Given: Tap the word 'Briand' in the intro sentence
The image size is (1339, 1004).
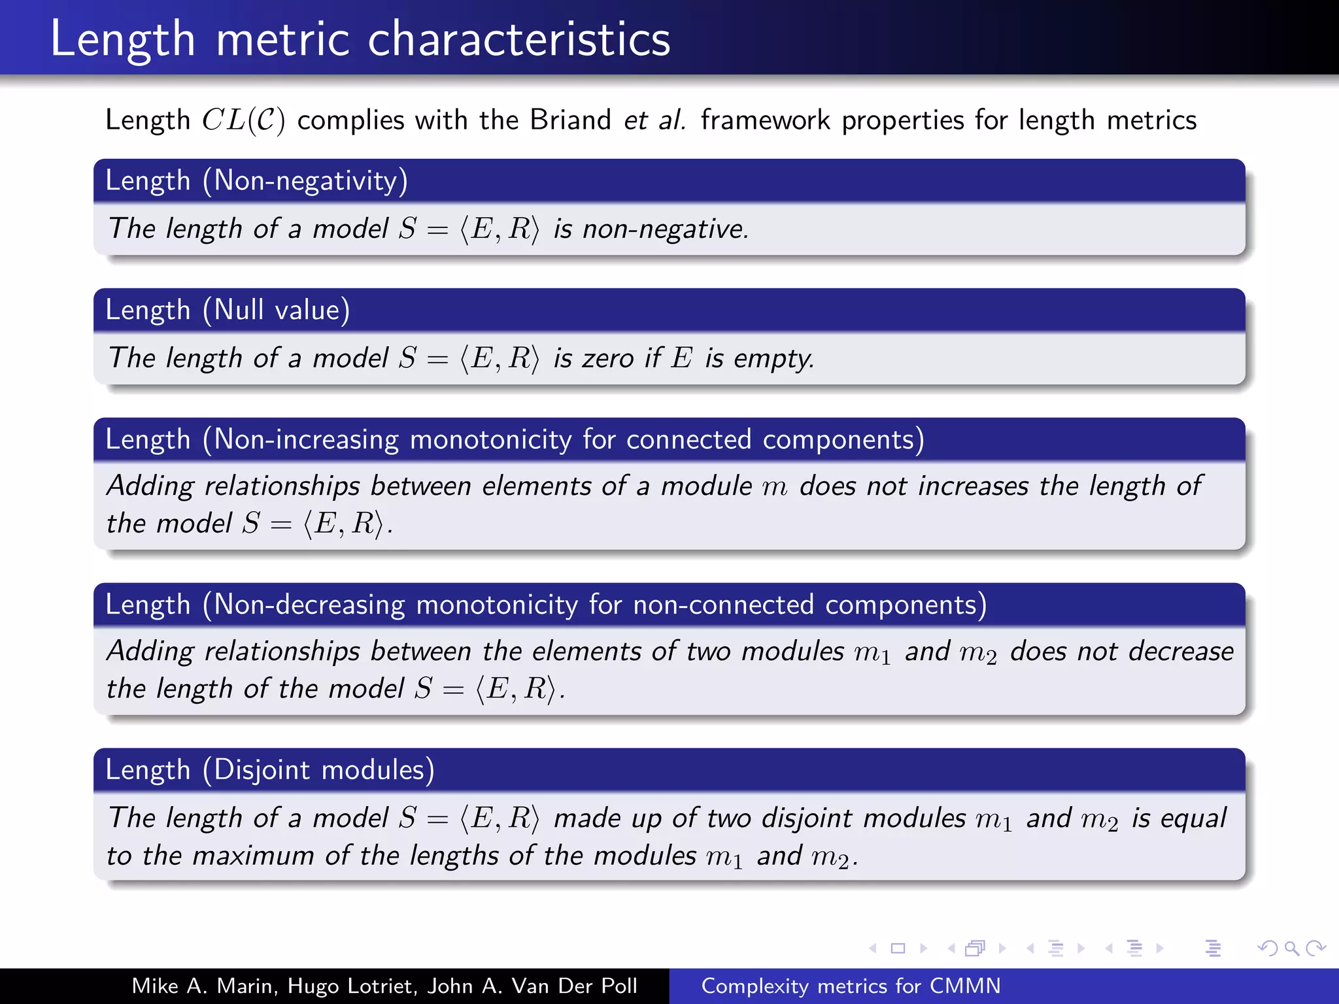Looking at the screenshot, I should coord(570,120).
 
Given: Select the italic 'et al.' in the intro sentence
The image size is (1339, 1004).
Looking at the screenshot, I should coord(654,120).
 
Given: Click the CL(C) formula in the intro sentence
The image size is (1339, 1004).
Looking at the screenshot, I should coord(243,120).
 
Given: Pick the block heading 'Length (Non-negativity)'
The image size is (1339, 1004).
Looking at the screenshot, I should coord(256,180).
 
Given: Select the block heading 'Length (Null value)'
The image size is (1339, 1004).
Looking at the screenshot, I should coord(228,310).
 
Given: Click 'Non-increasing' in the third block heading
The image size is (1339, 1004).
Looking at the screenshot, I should coord(306,439).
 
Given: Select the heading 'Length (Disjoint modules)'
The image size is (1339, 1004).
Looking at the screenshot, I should coord(270,770).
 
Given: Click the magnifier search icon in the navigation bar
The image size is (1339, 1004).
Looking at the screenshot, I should coord(1291,948).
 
